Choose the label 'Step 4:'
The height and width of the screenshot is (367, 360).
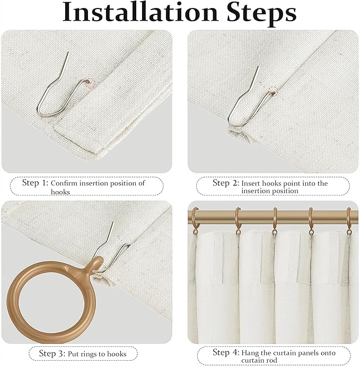225,352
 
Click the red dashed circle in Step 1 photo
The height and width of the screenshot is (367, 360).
88,83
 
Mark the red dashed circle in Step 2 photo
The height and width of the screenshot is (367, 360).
273,91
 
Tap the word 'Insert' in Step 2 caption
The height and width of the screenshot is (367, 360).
252,183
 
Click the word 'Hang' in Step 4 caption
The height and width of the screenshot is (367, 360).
250,353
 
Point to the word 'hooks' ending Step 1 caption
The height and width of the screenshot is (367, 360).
60,192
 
